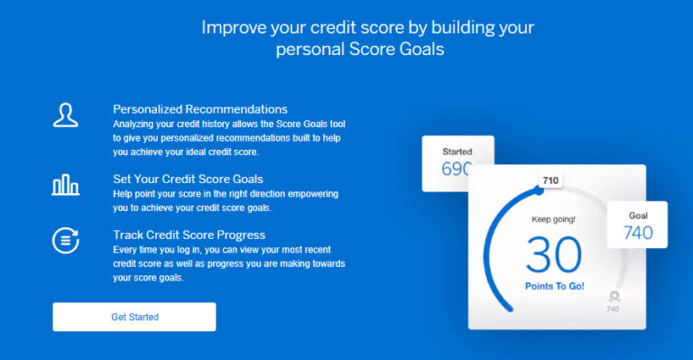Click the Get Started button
coord(134,317)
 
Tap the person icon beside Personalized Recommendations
coord(65,115)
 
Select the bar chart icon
coord(65,185)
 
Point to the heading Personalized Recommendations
coord(200,109)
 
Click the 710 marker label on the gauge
coord(550,180)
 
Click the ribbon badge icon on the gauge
coord(614,295)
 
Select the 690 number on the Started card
coord(456,169)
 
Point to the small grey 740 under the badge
coord(614,309)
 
